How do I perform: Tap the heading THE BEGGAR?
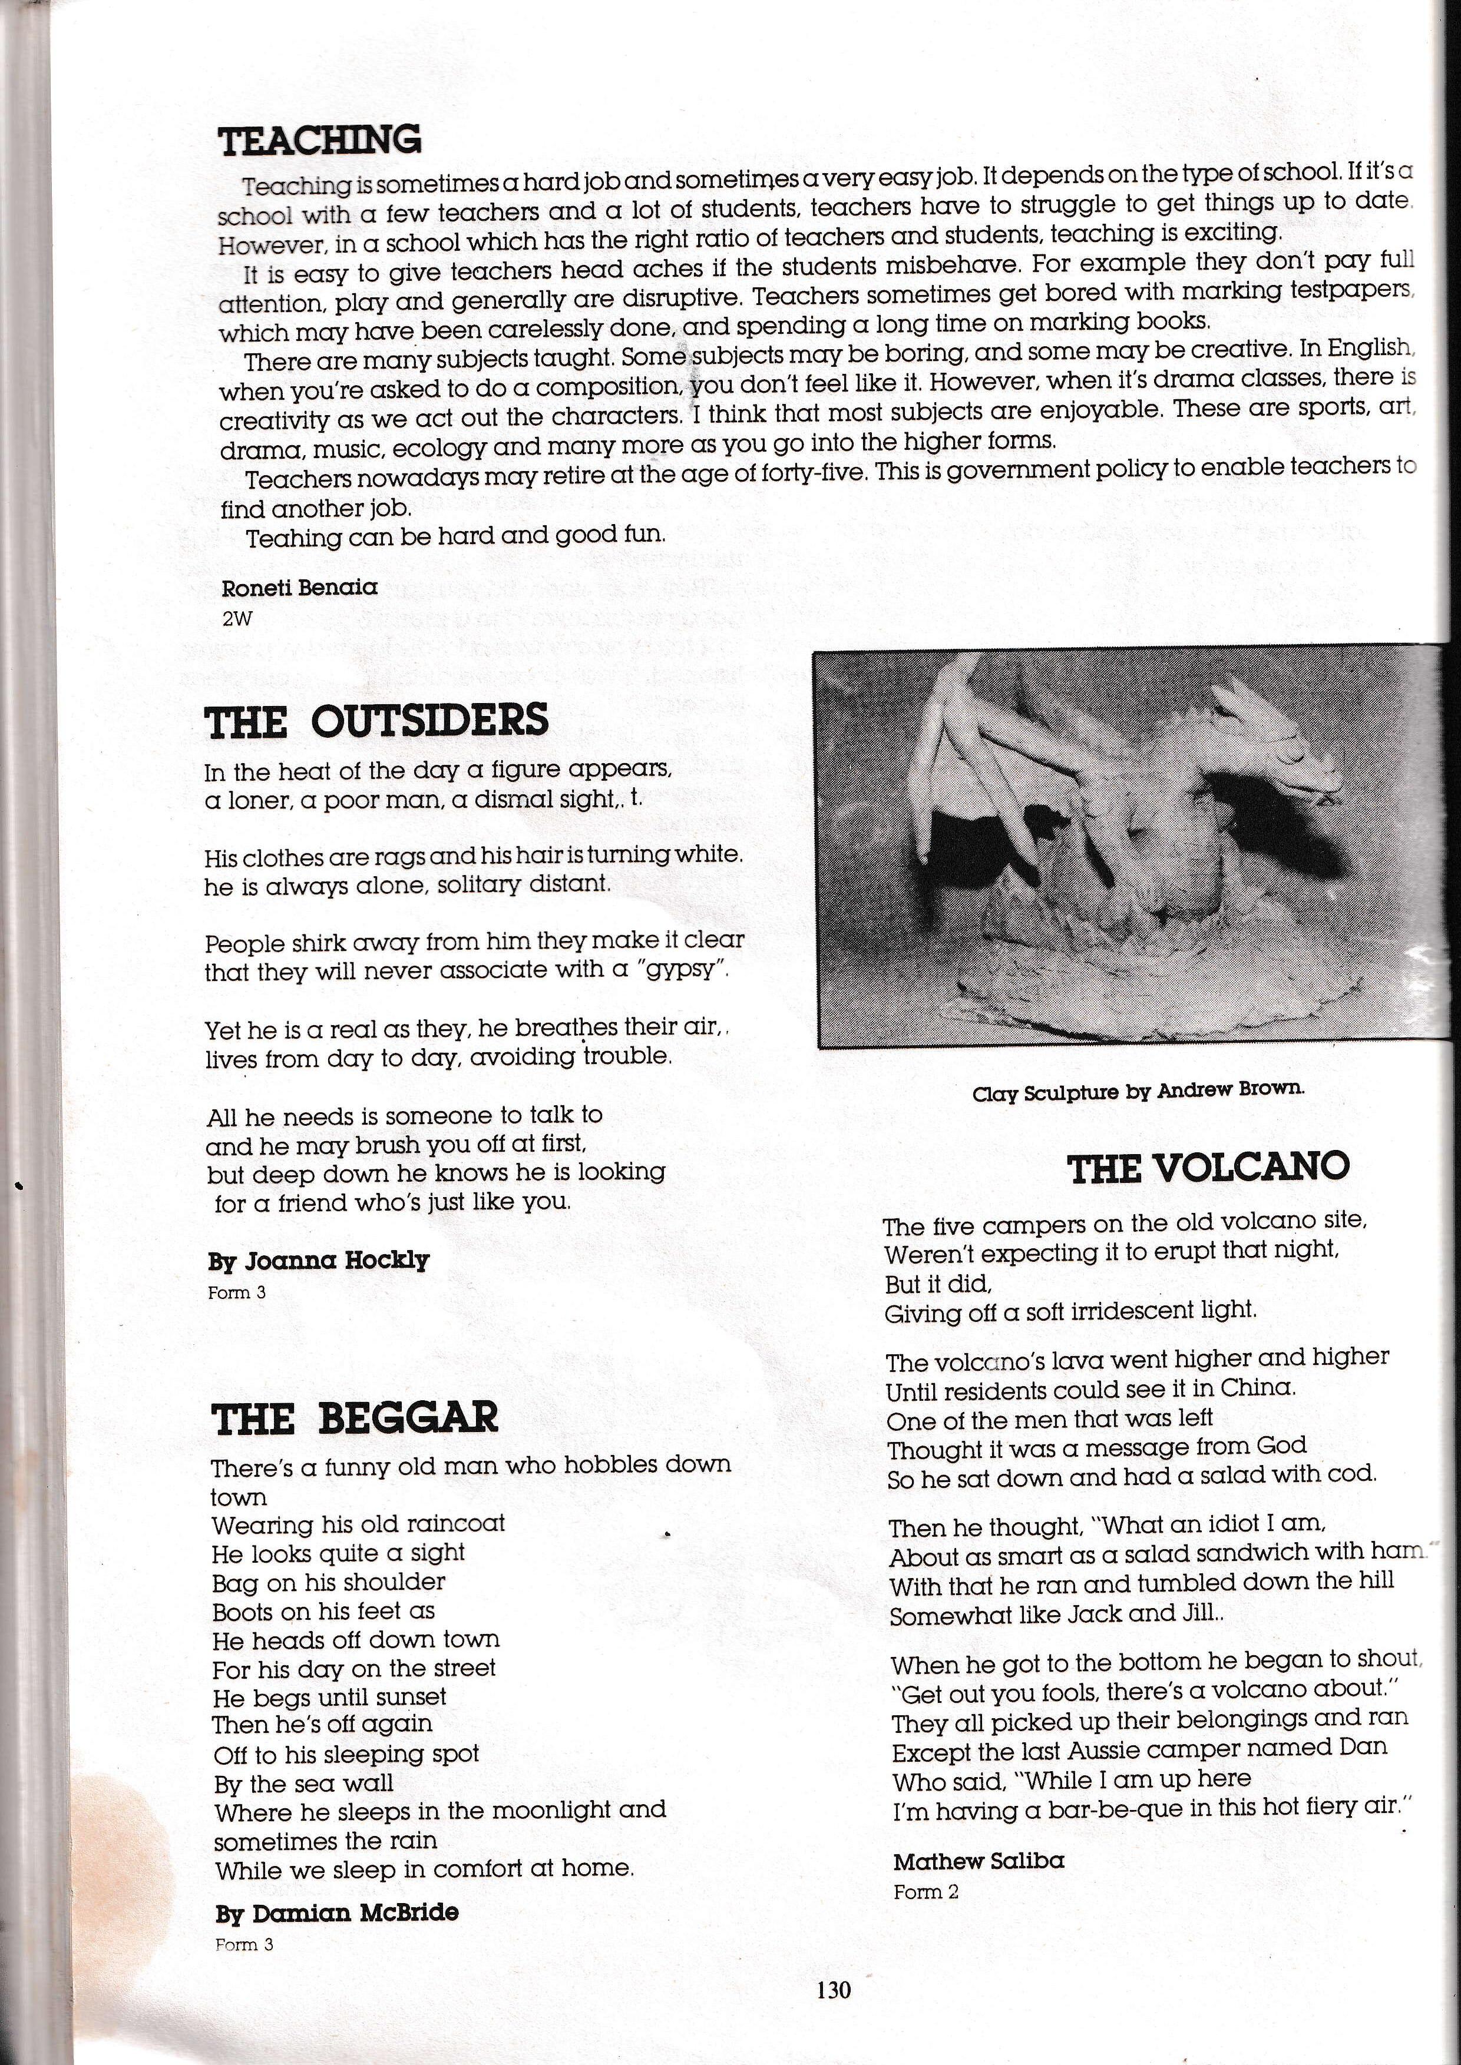[355, 1419]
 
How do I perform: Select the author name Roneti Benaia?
[299, 588]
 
